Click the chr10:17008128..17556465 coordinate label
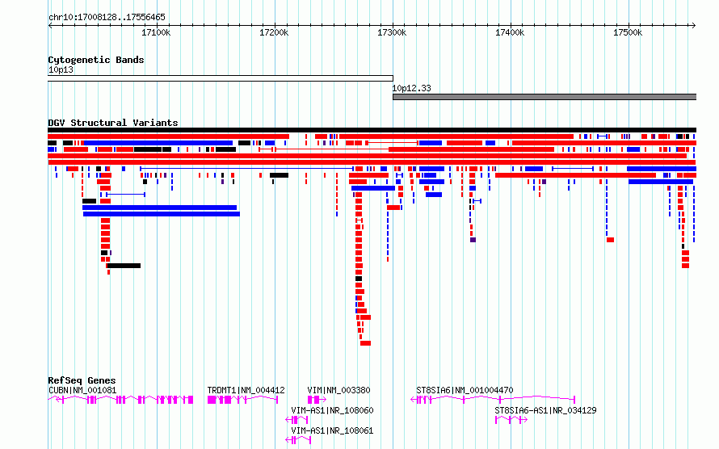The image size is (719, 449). [107, 17]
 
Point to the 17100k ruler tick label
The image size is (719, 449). [156, 33]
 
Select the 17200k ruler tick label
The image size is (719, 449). [274, 33]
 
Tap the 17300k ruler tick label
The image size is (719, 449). [392, 33]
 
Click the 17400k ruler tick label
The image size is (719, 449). [510, 33]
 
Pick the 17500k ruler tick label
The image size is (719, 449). [628, 33]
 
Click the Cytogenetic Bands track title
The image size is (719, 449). [96, 60]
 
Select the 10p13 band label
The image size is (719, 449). [61, 70]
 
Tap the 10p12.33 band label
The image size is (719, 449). [412, 88]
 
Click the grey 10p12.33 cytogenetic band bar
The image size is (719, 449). [544, 97]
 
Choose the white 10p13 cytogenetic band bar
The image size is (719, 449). [221, 78]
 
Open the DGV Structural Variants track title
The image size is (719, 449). [113, 123]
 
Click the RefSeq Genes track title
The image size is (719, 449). [82, 380]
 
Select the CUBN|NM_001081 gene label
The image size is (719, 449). [82, 390]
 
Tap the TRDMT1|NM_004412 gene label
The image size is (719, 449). [246, 390]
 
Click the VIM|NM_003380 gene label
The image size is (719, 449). [338, 390]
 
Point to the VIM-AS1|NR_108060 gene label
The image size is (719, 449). [332, 410]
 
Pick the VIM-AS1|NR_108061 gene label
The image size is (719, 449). [332, 430]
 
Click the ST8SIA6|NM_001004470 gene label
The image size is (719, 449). [465, 390]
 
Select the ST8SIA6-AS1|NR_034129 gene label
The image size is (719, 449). [545, 410]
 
